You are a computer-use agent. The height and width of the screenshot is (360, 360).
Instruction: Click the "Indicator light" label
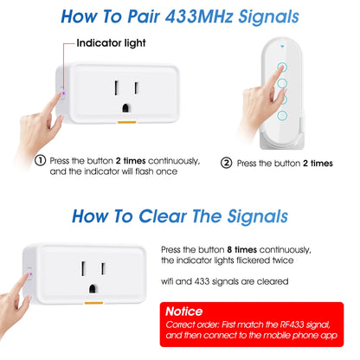pos(111,43)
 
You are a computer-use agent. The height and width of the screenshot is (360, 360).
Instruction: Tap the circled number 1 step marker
pos(41,160)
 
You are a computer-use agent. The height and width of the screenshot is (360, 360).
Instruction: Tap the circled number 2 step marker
pos(227,163)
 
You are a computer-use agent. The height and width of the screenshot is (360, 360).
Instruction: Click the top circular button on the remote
pos(282,67)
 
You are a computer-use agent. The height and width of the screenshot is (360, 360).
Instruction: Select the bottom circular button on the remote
pos(282,116)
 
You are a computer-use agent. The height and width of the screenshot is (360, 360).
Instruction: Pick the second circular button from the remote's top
pos(282,83)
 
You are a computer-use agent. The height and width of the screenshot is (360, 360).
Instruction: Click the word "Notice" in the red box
pos(184,312)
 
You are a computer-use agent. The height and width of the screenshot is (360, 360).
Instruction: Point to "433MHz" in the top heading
pos(199,16)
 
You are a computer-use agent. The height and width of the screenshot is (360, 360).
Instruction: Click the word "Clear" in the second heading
pos(163,216)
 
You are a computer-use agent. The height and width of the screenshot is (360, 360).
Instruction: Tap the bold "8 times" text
pos(241,249)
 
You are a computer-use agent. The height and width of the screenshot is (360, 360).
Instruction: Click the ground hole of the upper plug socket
pos(126,108)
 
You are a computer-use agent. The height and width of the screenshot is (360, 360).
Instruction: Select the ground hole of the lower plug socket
pos(93,289)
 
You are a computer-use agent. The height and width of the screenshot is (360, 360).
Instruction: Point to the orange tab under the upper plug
pos(126,122)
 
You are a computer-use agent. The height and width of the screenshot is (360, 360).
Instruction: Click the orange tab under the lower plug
pos(93,303)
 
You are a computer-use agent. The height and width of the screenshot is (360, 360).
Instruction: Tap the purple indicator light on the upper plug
pos(63,93)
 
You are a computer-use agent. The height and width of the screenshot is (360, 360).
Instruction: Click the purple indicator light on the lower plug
pos(31,274)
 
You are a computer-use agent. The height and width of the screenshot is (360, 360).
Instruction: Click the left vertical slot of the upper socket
pos(117,88)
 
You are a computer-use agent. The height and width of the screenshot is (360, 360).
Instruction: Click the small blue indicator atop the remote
pos(282,46)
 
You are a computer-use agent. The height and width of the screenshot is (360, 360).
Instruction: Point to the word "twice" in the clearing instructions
pos(283,260)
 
